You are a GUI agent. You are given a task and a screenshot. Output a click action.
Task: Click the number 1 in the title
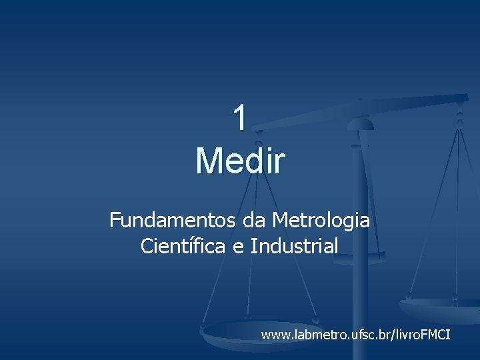pyautogui.click(x=240, y=119)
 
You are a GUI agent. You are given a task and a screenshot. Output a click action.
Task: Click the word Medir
pyautogui.click(x=241, y=161)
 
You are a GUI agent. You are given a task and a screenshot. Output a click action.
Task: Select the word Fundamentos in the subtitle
pyautogui.click(x=161, y=220)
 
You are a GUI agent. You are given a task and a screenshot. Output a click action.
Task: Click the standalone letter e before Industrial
pyautogui.click(x=238, y=247)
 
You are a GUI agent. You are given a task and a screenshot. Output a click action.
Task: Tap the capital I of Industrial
pyautogui.click(x=254, y=246)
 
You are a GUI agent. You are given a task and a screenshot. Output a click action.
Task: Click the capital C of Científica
pyautogui.click(x=147, y=246)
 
